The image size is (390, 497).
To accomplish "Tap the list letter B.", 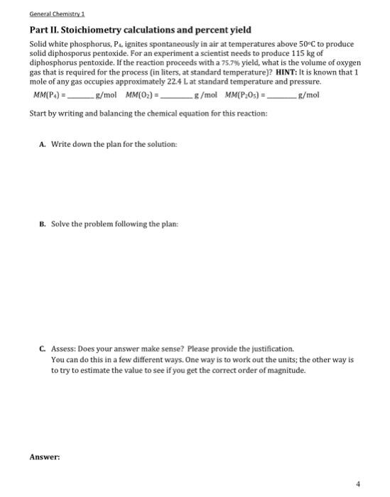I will (43, 224).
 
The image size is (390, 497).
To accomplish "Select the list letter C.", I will (43, 349).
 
